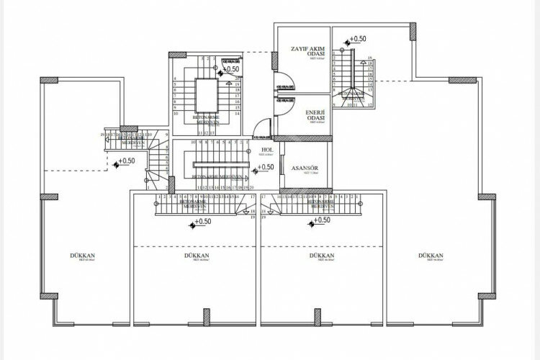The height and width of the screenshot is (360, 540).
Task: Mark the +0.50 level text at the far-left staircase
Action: point(127,161)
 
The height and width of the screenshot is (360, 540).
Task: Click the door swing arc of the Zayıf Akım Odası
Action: point(284,76)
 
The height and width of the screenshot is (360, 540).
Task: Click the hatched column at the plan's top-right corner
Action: point(413,30)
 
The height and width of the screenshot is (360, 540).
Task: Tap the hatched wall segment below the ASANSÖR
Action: point(305,191)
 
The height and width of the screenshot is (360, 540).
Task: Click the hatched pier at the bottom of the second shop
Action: point(207,316)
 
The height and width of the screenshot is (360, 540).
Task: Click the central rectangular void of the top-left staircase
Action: point(205,94)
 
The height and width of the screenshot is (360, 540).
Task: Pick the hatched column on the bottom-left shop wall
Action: point(49,295)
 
